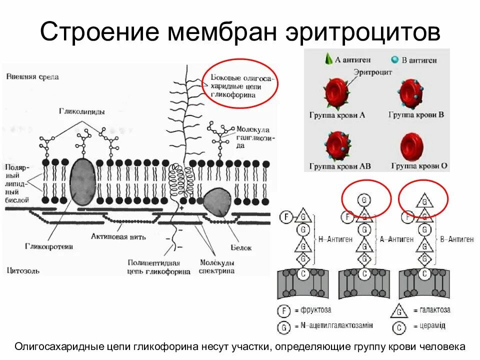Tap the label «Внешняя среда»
(x=32, y=77)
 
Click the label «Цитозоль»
(x=22, y=270)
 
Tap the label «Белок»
(x=241, y=247)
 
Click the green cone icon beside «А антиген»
(x=328, y=59)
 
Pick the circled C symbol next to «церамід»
(x=399, y=326)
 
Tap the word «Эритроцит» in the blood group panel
(x=373, y=72)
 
